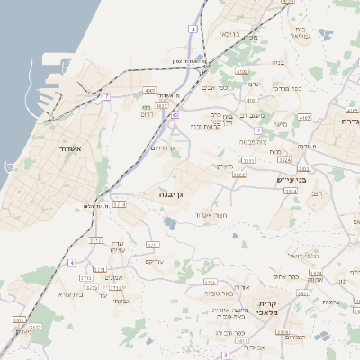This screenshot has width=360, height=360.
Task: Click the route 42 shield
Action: click(x=175, y=115)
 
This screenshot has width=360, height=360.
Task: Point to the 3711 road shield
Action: click(x=153, y=245)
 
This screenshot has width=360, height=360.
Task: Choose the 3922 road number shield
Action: click(x=238, y=175)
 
